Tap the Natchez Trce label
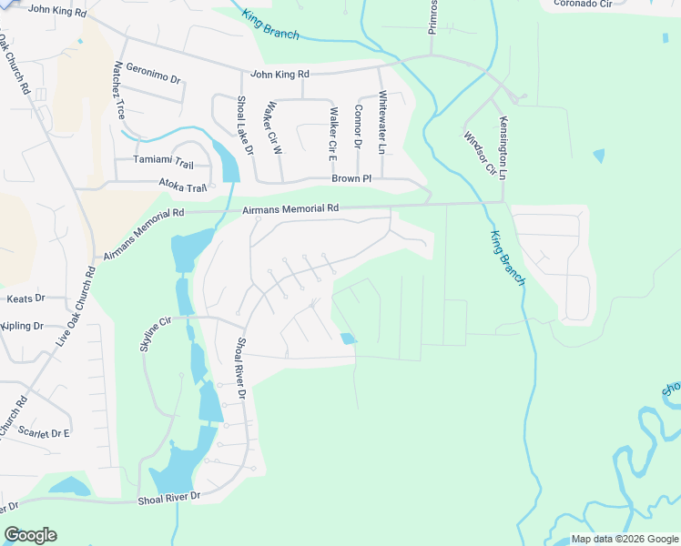(x=118, y=92)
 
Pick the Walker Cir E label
(x=333, y=129)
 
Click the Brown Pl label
(x=351, y=179)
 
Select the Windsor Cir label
(x=479, y=153)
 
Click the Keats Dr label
(x=25, y=298)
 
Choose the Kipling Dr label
(x=23, y=326)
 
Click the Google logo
(x=30, y=535)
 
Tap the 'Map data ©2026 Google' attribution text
(x=625, y=539)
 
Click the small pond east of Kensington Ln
(x=597, y=156)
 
